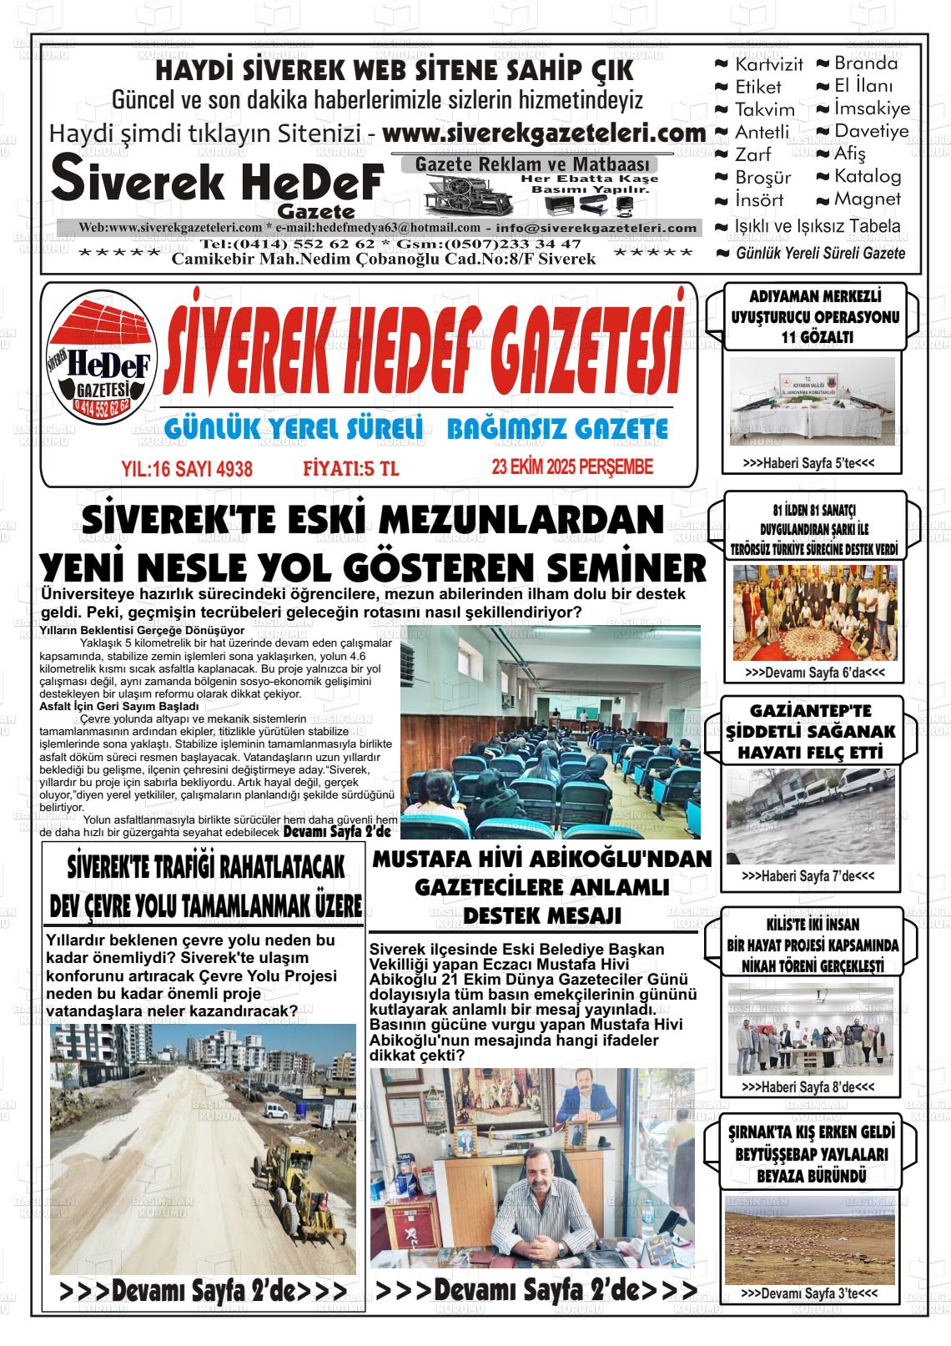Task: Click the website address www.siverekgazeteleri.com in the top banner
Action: (x=544, y=134)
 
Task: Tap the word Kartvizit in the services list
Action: (x=768, y=64)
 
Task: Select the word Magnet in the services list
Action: (x=868, y=199)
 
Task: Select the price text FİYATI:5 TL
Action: (x=351, y=469)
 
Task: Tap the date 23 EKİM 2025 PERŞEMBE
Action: (x=572, y=467)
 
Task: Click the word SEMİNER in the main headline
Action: (x=626, y=569)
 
